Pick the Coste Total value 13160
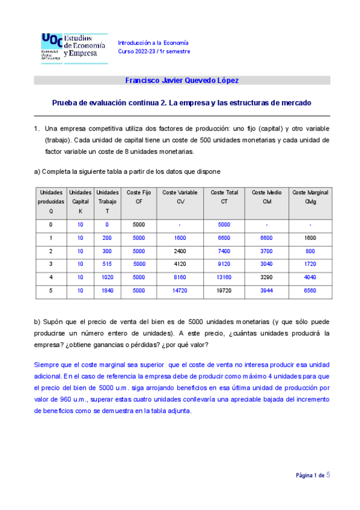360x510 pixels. point(224,278)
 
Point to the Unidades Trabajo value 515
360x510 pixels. point(108,265)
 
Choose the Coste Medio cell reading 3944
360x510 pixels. point(267,291)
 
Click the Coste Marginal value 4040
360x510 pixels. point(310,278)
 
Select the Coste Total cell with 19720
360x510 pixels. point(224,291)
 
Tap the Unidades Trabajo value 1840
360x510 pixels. point(108,291)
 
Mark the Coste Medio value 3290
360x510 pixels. point(267,278)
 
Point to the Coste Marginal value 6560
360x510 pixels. point(310,291)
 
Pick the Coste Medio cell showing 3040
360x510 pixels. point(267,265)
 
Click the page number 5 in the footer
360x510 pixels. point(328,475)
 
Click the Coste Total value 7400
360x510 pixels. point(224,251)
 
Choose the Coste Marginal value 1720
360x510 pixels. point(310,265)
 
